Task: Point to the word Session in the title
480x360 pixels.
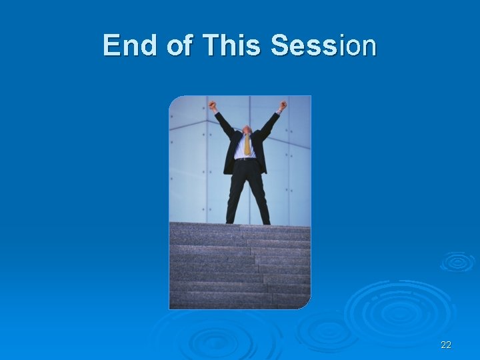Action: coord(323,45)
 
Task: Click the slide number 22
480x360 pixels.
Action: coord(446,345)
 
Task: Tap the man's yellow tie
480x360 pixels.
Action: coord(247,145)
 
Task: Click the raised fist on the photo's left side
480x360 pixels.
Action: coord(213,105)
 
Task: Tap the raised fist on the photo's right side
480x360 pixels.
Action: coord(283,105)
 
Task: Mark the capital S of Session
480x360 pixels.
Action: coord(279,45)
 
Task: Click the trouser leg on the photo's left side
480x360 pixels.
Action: coord(235,197)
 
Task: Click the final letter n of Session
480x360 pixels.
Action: coord(369,47)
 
